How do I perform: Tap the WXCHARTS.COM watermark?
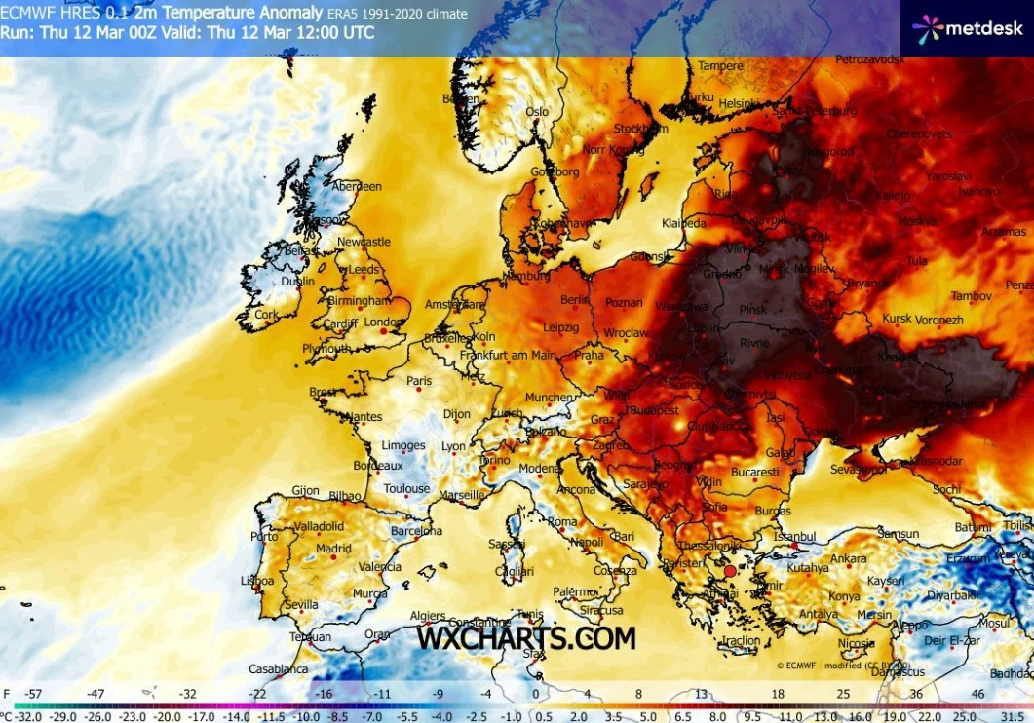tap(526, 638)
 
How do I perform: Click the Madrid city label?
tap(333, 549)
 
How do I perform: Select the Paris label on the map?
tap(418, 381)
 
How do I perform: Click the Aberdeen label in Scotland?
tap(356, 186)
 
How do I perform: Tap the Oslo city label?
tap(537, 112)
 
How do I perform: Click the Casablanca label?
tap(278, 669)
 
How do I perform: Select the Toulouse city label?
tap(406, 489)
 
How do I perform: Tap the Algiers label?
tap(428, 616)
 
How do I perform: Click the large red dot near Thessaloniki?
tap(730, 570)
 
